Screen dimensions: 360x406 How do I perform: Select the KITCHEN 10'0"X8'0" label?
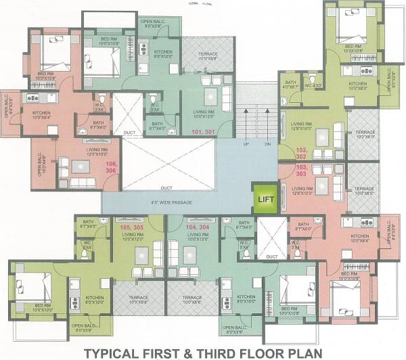point(357,86)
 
